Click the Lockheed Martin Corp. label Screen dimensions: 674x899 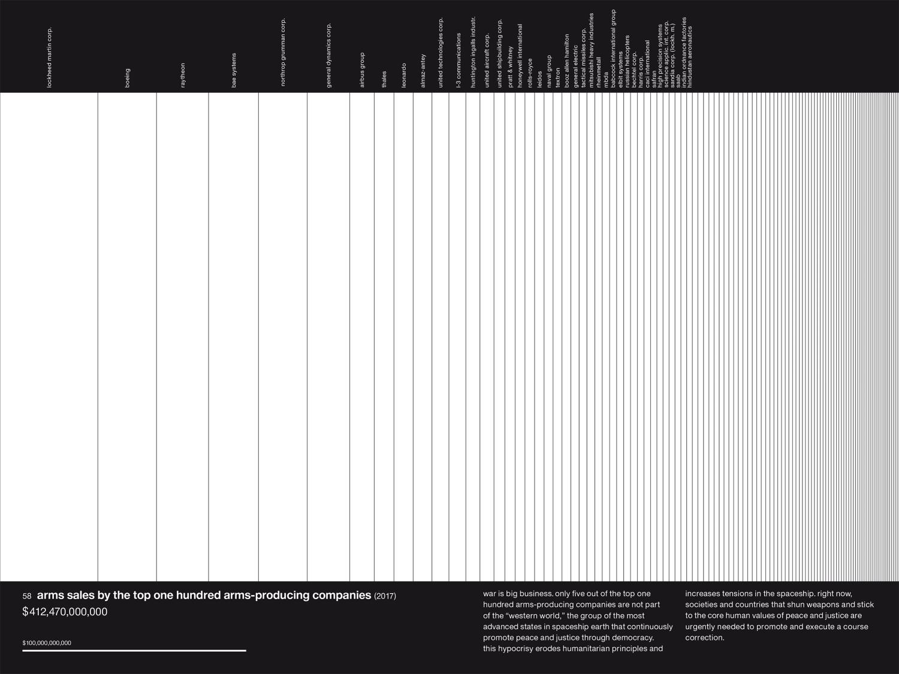click(50, 58)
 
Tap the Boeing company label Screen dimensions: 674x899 click(127, 78)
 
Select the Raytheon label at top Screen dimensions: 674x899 click(183, 75)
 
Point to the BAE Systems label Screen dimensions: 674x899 click(234, 70)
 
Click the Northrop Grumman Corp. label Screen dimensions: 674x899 click(283, 52)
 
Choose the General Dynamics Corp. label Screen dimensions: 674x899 click(328, 55)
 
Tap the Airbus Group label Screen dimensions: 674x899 click(362, 70)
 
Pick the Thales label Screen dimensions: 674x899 click(384, 79)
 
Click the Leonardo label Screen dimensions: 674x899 click(404, 75)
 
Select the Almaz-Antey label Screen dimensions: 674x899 click(423, 71)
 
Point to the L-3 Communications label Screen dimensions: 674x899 click(458, 60)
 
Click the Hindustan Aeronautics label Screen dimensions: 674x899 click(690, 57)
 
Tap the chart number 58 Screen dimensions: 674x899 click(27, 596)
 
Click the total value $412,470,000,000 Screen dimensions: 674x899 click(65, 612)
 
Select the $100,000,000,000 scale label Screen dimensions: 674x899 click(47, 643)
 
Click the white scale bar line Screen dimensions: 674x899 click(134, 650)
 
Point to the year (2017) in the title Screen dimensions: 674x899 click(385, 596)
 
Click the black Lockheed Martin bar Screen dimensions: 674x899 click(49, 336)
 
